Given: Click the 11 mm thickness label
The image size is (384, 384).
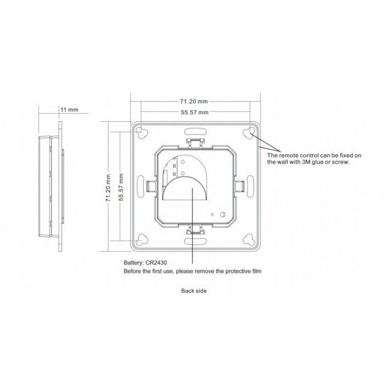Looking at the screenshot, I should click(x=70, y=110).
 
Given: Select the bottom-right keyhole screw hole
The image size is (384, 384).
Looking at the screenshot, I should click(x=251, y=239).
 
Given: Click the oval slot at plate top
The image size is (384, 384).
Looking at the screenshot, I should click(x=196, y=132).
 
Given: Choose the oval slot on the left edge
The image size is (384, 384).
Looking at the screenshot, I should click(x=142, y=185).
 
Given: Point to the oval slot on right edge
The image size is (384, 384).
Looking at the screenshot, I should click(x=251, y=185).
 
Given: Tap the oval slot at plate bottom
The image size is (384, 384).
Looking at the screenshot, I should click(x=196, y=240).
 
